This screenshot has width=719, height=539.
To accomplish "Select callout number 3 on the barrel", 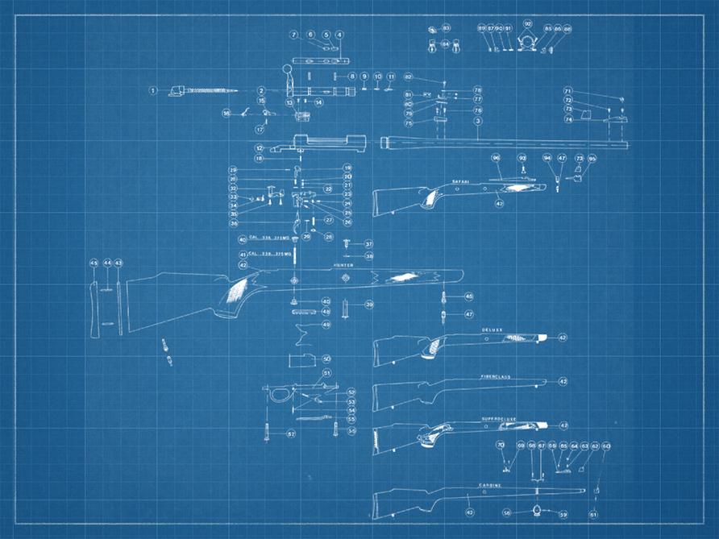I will point(478,121).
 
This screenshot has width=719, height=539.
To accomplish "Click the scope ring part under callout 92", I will point(528,41).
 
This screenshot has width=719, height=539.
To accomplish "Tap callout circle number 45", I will point(93,263).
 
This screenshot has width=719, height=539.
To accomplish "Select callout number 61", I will point(594,513).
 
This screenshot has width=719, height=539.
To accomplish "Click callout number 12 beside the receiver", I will point(260,148).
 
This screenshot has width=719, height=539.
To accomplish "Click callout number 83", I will point(446,28).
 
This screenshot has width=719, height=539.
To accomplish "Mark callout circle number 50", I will point(326,359).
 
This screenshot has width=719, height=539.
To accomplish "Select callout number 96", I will point(496,158).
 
